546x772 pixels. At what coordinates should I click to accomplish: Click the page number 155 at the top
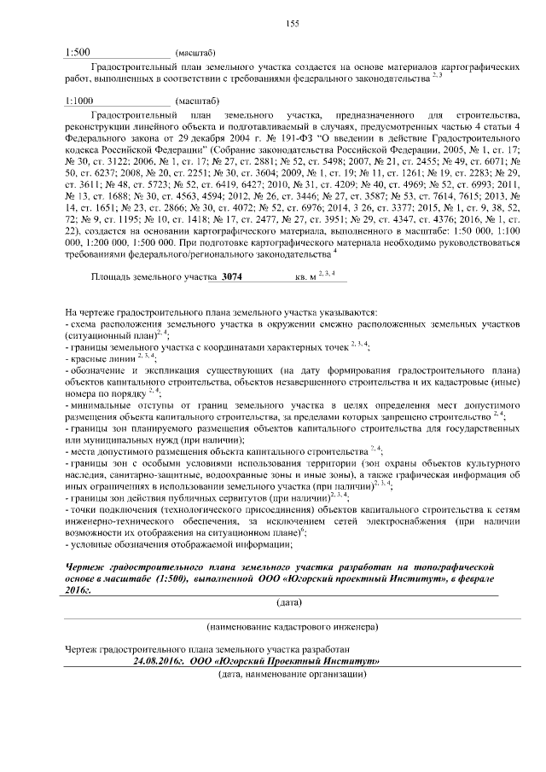(292, 23)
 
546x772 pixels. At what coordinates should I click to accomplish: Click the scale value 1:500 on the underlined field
(78, 52)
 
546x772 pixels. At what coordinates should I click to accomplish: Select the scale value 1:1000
(80, 101)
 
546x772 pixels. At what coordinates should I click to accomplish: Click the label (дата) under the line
(291, 602)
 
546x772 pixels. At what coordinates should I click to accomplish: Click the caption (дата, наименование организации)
(292, 675)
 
